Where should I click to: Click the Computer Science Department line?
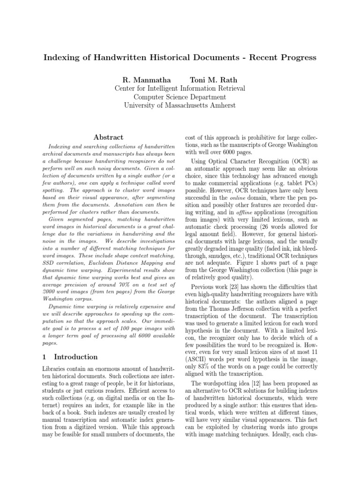(x=180, y=97)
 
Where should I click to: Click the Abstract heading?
(x=108, y=137)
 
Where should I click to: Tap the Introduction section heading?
(x=76, y=357)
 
